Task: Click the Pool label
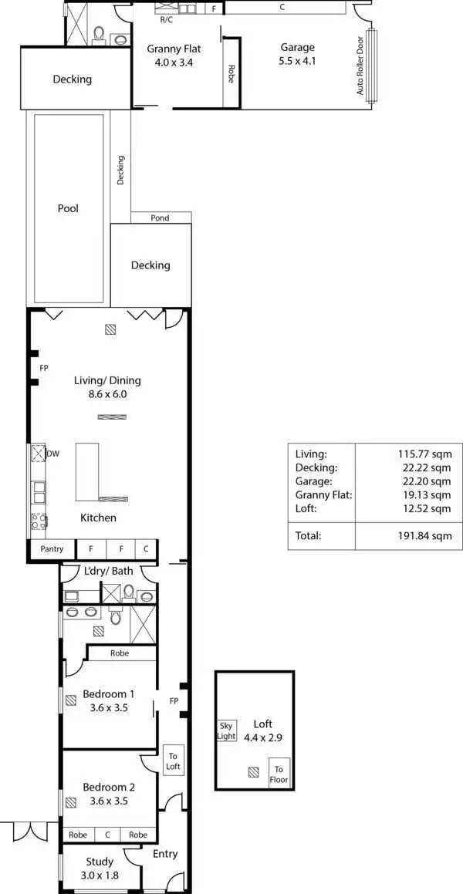coord(68,208)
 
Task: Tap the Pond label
coord(160,218)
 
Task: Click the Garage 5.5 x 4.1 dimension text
coord(297,60)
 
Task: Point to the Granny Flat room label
coord(170,49)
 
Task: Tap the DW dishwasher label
coord(53,454)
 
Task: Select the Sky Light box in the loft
coord(226,730)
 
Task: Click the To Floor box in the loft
coord(279,774)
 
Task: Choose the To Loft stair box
coord(173,761)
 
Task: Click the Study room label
coord(100,862)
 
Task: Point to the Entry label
coord(165,854)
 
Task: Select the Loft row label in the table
coord(306,509)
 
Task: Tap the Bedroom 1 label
coord(109,693)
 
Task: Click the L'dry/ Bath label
coord(109,571)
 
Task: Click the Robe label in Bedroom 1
coord(119,653)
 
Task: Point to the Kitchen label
coord(99,518)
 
